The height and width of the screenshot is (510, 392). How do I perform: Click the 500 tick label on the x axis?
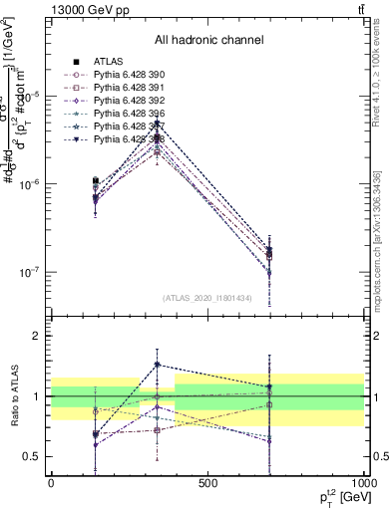[207, 483]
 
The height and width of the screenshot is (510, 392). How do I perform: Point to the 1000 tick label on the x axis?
[362, 483]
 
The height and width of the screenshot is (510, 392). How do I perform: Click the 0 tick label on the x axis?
[51, 483]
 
